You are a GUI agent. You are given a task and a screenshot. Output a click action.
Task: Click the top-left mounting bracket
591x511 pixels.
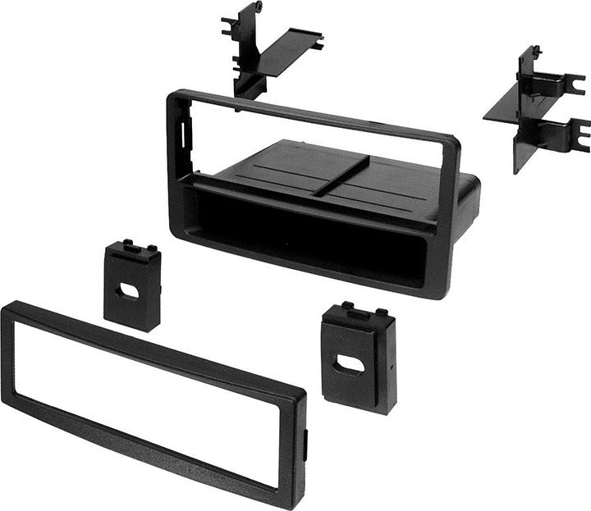tap(254, 53)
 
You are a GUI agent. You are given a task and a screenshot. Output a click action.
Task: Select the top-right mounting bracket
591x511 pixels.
tap(534, 111)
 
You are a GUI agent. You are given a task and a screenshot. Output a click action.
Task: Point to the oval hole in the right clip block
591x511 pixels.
tap(350, 365)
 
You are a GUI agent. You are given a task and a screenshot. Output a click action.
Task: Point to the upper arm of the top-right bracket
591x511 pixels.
tap(566, 82)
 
